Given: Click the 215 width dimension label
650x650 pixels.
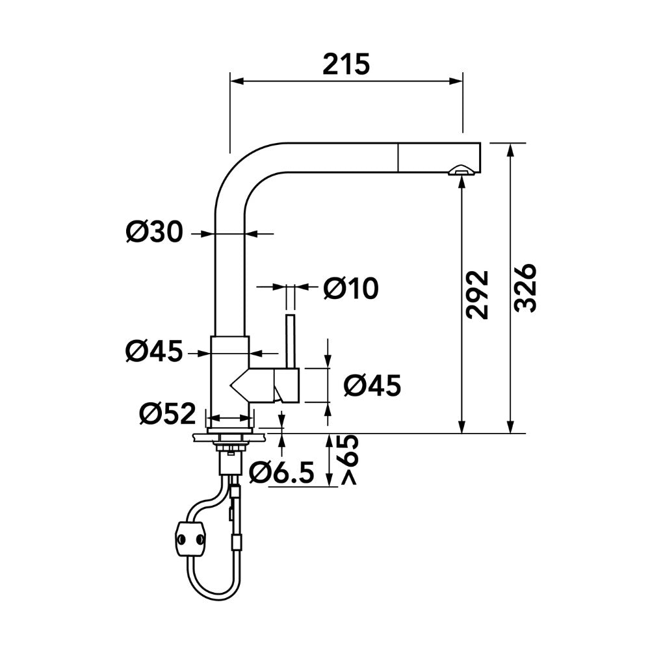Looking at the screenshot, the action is tap(346, 64).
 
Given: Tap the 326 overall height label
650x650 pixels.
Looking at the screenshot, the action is tap(525, 287).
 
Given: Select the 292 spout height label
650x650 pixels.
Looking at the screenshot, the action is tap(477, 294).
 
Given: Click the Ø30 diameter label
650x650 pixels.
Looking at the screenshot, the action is tap(154, 232).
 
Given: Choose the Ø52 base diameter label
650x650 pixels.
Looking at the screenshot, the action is tap(168, 413).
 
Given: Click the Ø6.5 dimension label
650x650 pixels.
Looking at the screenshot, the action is tap(281, 473).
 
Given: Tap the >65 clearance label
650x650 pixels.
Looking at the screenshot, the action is tap(349, 460).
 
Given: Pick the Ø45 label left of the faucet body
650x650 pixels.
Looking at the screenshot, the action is tap(154, 351).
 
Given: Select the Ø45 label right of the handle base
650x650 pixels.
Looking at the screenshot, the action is tap(372, 386).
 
